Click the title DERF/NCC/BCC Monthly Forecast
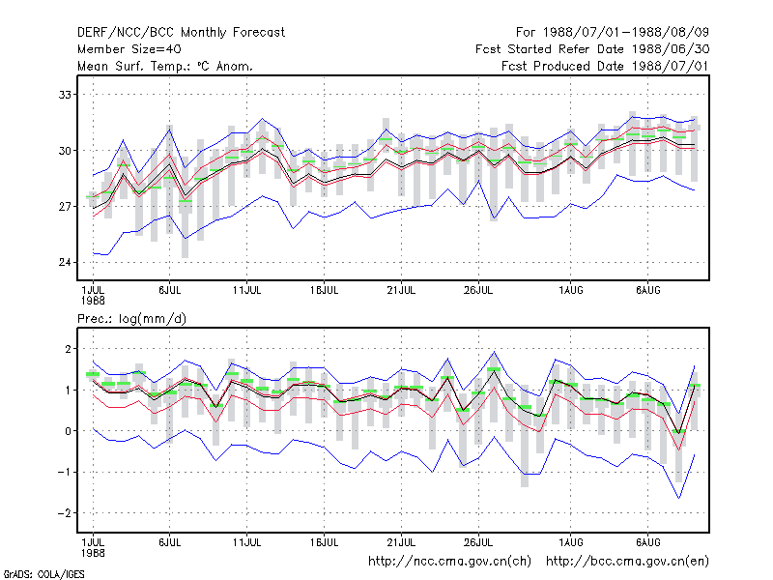181,33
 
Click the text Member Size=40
129,49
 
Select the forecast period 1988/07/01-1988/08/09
625,33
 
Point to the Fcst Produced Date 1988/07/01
605,66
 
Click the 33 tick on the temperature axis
65,94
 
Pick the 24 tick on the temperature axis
65,262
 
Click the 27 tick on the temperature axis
65,206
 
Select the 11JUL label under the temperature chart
246,291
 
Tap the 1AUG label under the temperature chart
570,291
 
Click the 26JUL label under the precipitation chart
478,542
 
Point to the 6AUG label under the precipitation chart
647,542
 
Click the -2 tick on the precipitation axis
65,513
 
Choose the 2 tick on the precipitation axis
68,349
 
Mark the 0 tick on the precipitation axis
68,431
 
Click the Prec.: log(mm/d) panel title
131,319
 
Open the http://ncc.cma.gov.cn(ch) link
449,562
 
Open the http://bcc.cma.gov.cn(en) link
627,562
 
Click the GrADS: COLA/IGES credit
43,574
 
